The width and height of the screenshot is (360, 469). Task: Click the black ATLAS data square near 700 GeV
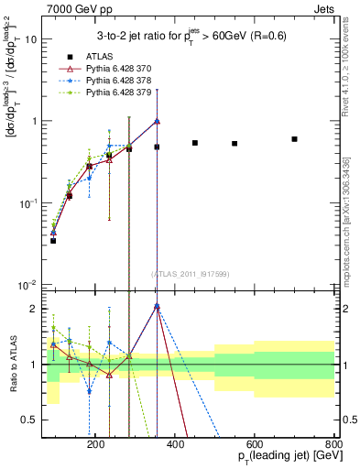294,139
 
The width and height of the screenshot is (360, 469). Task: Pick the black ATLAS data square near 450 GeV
195,143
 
